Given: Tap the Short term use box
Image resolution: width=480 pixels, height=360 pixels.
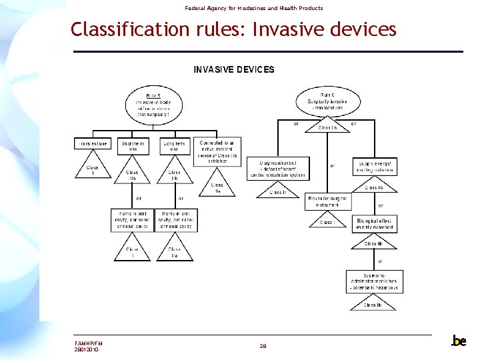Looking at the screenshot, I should point(133,146).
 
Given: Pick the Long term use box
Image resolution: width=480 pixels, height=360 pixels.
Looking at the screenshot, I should point(174,146).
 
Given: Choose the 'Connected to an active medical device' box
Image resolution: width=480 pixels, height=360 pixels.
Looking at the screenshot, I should point(217,151).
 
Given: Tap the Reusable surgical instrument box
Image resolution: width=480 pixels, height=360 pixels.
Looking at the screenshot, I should point(327,201).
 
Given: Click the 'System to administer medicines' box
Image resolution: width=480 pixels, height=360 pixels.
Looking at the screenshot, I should point(374,280).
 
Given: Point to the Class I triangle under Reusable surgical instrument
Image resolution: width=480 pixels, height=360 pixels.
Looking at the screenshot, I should point(327,221).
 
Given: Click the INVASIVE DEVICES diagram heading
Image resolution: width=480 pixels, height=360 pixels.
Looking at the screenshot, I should point(233,69).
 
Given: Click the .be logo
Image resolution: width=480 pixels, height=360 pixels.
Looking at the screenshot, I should point(458,341).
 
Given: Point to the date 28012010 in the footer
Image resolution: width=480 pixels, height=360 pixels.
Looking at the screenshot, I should point(87,349).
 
